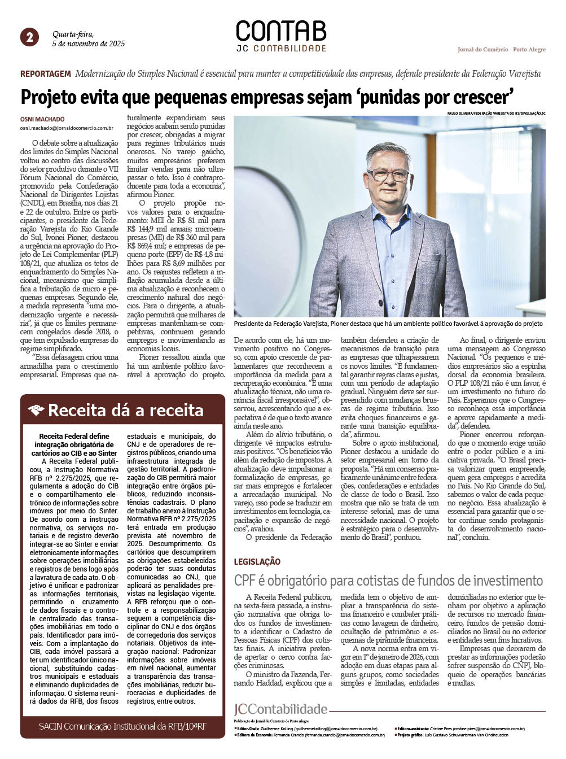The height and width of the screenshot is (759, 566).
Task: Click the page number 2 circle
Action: coord(29,37)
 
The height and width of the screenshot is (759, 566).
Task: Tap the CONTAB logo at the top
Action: coord(281,31)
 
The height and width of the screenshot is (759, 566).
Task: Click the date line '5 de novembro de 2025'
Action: coord(88,43)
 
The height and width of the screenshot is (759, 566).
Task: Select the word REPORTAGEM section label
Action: coord(46,74)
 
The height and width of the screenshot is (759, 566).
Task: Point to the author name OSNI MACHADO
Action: coord(42,119)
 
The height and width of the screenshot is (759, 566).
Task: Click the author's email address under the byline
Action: coord(67,128)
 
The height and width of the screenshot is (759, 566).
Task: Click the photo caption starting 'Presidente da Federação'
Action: coord(388,324)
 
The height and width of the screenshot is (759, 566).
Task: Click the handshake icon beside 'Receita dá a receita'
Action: coord(36,411)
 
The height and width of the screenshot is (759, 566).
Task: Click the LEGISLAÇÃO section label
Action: coord(257,561)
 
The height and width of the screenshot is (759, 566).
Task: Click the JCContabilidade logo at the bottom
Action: coord(280,709)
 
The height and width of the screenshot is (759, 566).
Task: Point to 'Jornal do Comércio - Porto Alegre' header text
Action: coord(501,50)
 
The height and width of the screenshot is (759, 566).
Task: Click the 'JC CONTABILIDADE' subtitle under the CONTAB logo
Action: coord(281,49)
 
